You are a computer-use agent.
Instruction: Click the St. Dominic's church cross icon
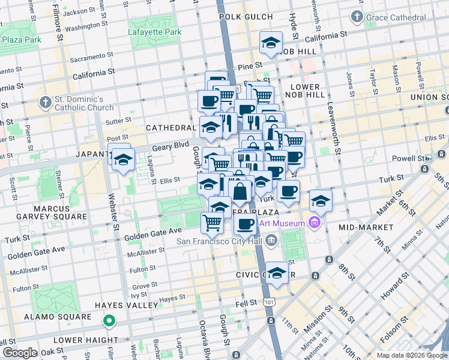pos(44,103)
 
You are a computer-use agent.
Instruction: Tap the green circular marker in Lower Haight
pos(109,322)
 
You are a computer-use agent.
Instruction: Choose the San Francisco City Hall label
pos(218,242)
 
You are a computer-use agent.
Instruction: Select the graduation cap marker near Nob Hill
pos(271,43)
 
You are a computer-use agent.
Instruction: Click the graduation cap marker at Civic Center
pos(277,273)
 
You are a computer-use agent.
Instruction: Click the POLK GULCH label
pos(246,17)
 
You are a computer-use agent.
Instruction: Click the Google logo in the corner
pos(20,353)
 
